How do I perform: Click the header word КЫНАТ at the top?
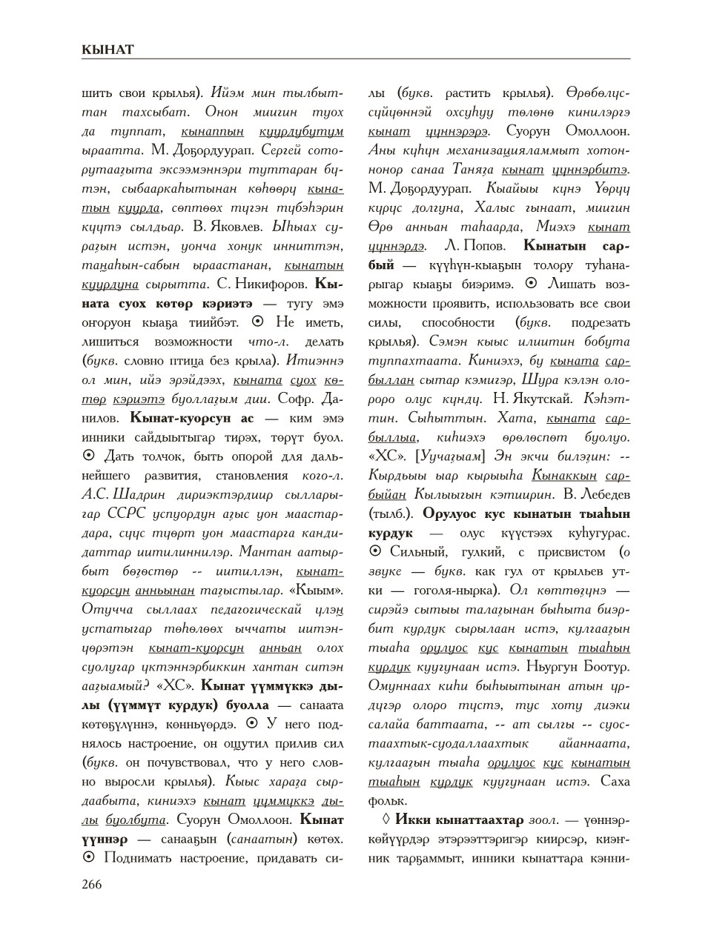108,50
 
